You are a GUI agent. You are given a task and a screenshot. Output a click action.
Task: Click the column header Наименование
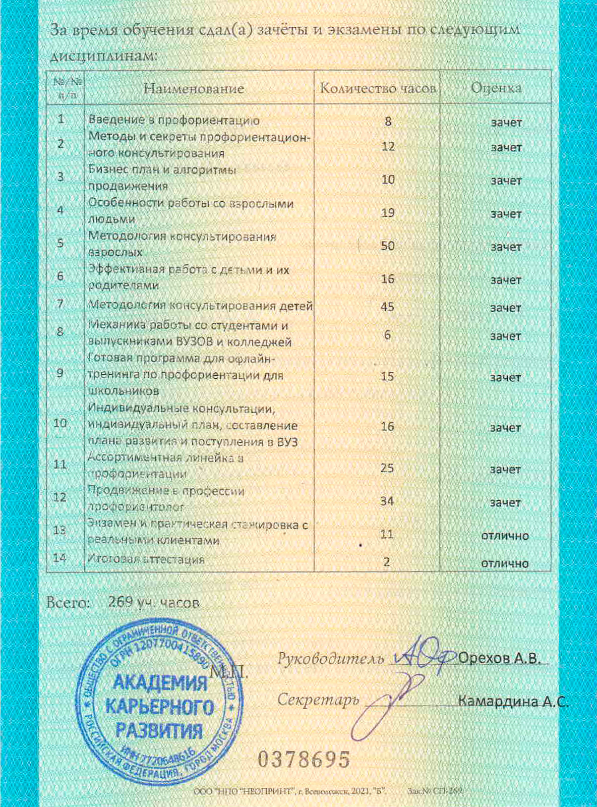tap(194, 89)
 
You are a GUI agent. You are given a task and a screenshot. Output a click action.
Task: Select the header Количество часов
tap(378, 88)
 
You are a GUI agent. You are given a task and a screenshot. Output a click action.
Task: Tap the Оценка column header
tap(496, 88)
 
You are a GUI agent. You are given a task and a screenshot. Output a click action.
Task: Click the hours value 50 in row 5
tap(387, 246)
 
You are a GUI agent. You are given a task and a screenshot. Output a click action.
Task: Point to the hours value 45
tap(387, 307)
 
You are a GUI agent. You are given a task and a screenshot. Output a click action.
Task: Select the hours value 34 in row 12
tap(387, 501)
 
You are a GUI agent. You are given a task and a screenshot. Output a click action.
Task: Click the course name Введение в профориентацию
tap(174, 120)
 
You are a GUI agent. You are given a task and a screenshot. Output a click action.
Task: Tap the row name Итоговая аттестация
tap(146, 559)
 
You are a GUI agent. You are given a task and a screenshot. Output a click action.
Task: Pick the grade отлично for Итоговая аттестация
tap(505, 563)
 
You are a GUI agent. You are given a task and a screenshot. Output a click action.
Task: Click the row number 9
tap(60, 374)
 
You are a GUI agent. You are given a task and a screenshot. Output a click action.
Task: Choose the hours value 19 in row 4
tap(387, 213)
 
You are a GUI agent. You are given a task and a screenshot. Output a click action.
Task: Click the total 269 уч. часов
tap(154, 602)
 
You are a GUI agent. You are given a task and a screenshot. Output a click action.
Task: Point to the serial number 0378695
tap(304, 759)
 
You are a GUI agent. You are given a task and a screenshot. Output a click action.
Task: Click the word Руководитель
tap(331, 659)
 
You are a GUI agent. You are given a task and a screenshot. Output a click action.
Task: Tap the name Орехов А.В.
tap(499, 658)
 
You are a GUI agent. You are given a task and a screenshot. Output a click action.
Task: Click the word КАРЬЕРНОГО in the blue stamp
tap(159, 706)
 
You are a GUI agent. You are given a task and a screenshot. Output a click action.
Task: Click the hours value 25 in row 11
tap(387, 468)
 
